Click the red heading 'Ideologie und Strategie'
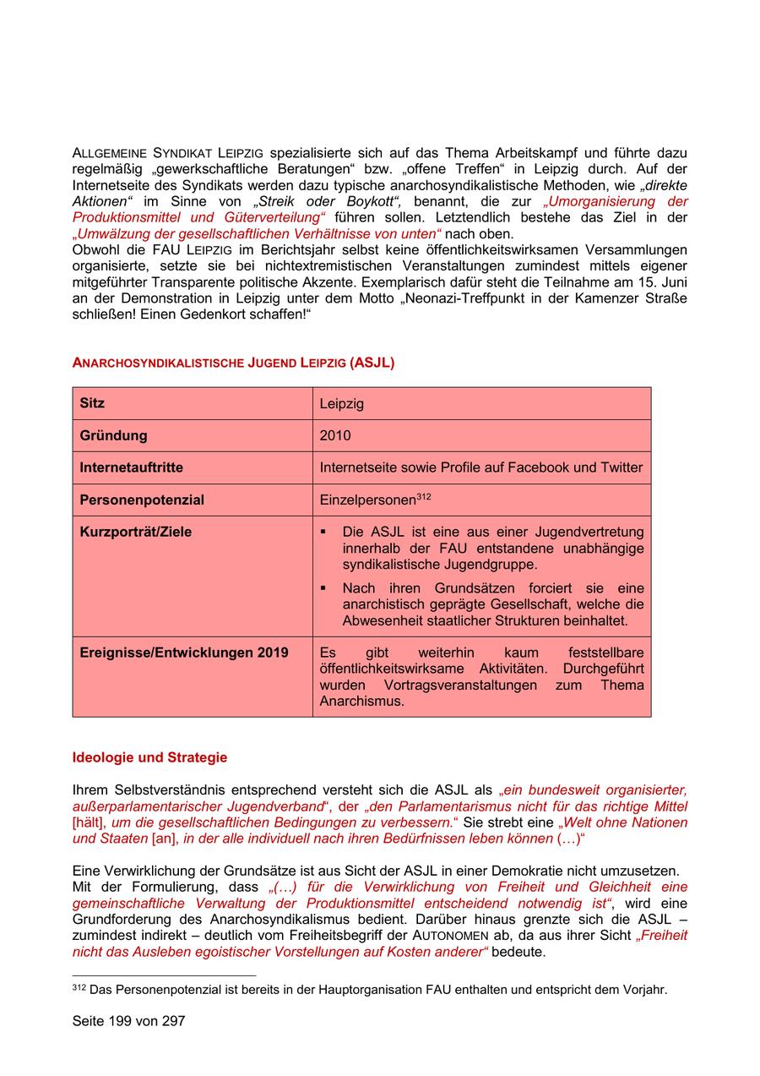149,757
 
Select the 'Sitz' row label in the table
92,403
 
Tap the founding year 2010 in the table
334,436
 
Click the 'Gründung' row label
113,436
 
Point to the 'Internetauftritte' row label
131,467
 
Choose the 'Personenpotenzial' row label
142,500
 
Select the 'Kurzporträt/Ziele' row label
135,533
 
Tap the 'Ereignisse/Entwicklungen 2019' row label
183,653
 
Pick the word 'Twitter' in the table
622,467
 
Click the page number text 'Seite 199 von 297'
128,1021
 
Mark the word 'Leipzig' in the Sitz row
341,404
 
